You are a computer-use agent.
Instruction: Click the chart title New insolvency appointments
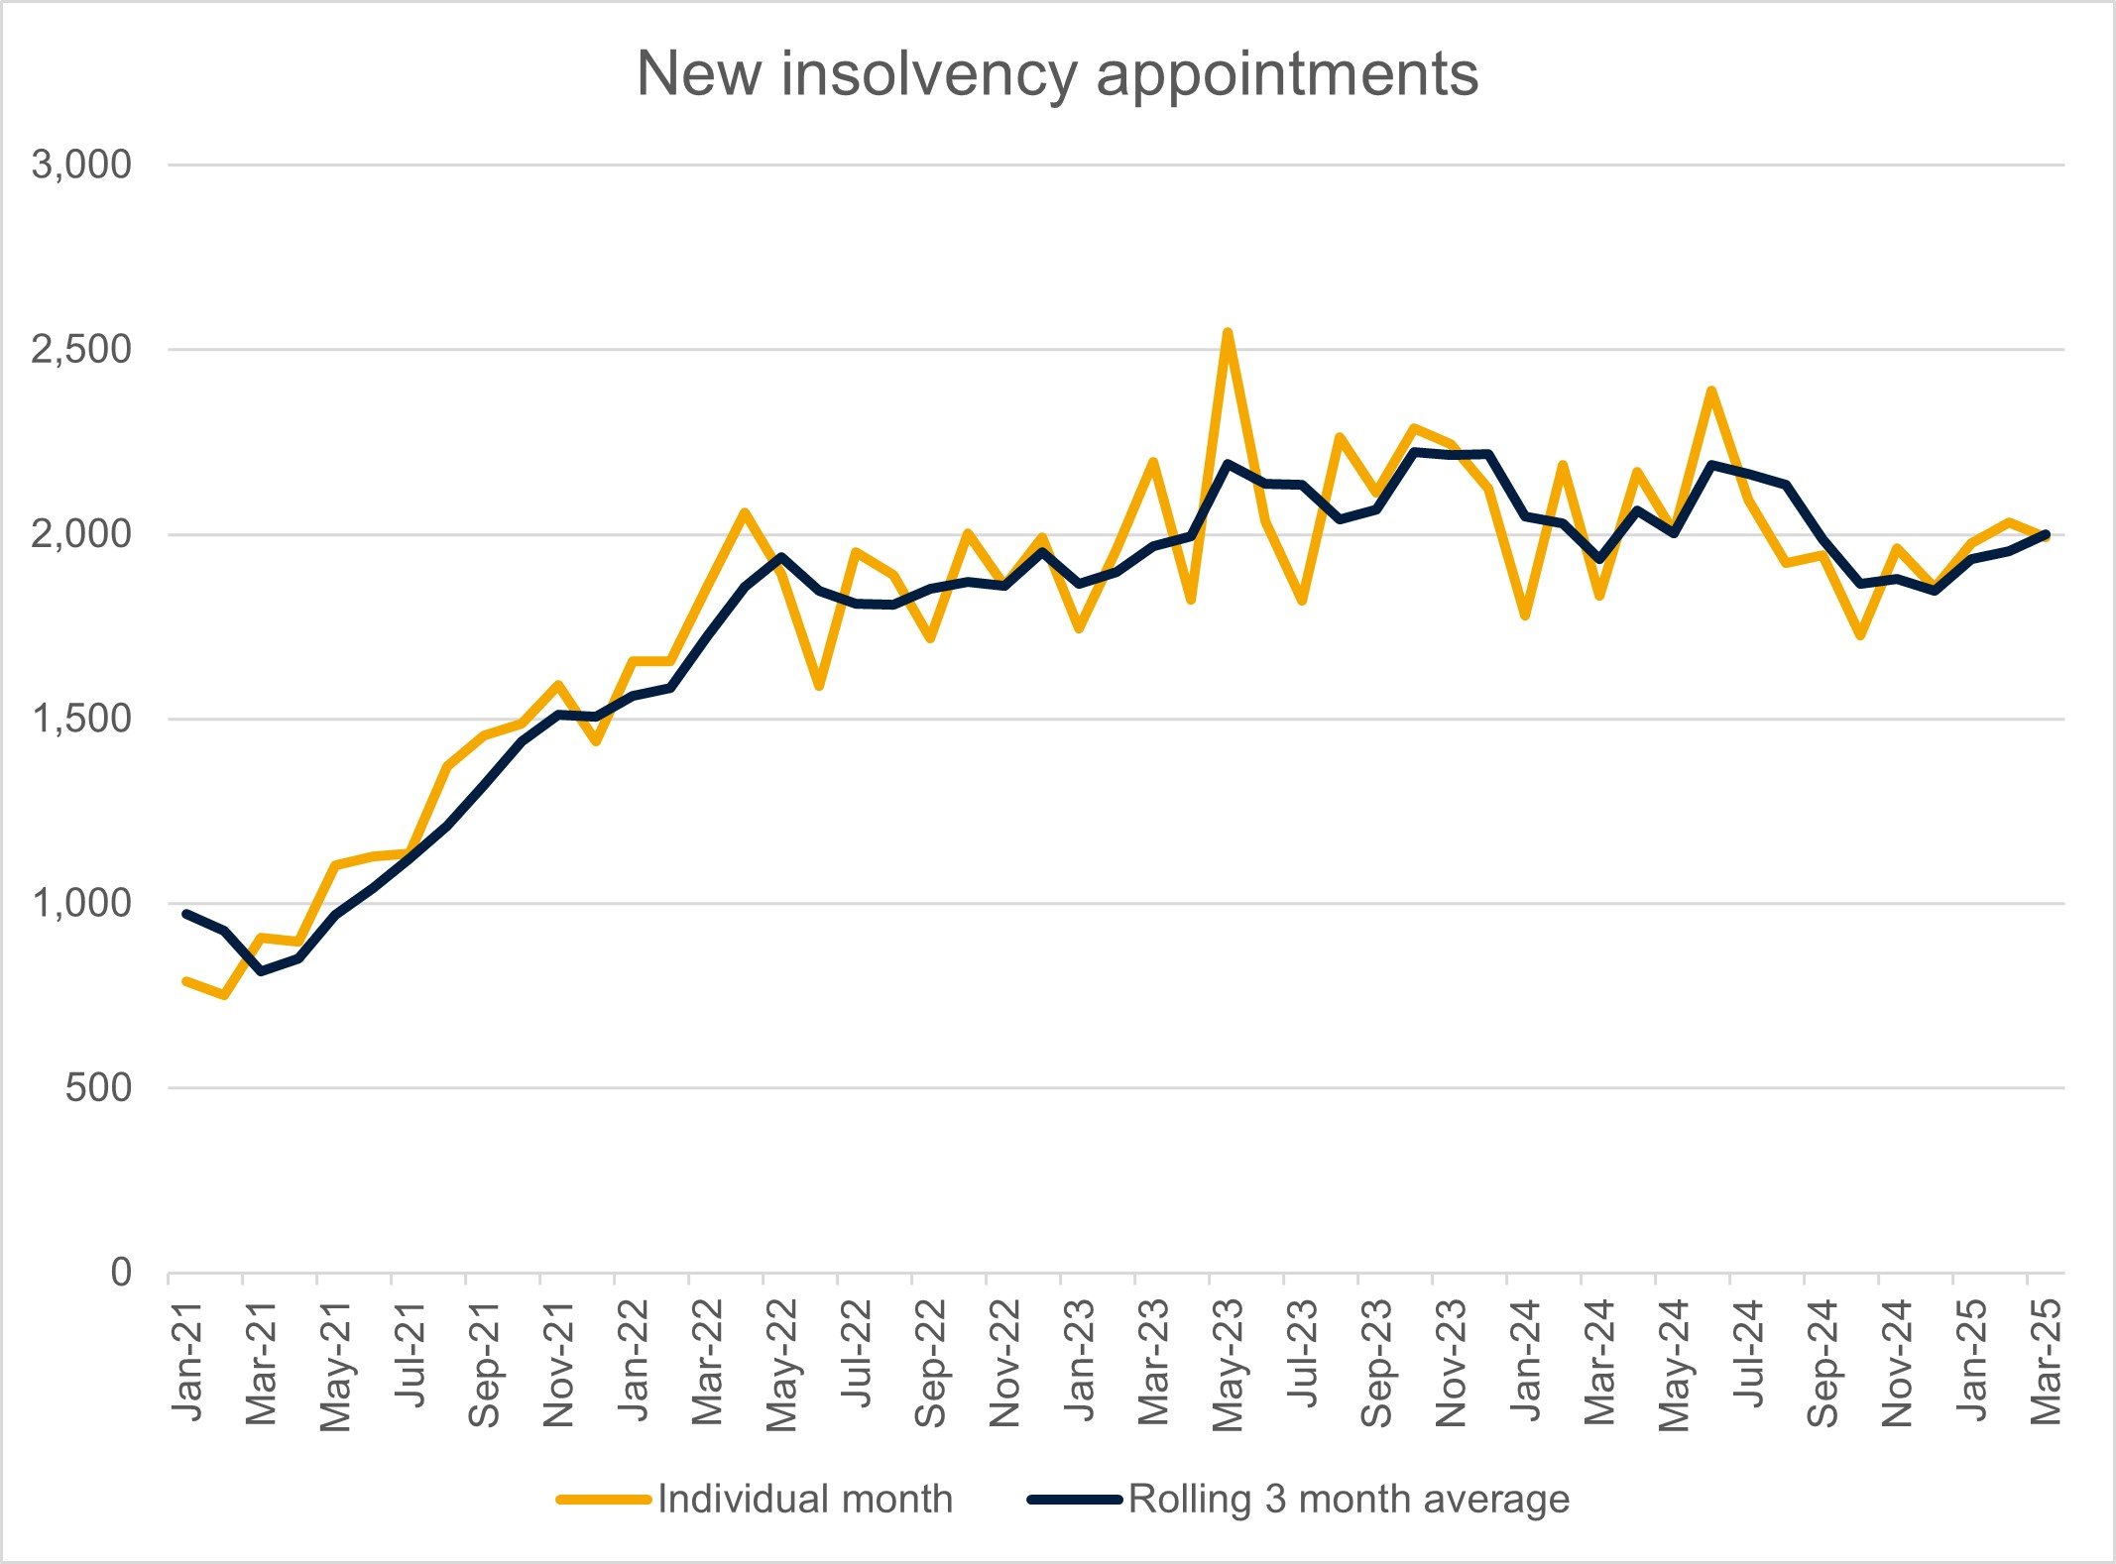point(1057,73)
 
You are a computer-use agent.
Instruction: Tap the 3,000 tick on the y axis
point(81,165)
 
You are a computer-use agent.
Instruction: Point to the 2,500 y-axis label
point(81,349)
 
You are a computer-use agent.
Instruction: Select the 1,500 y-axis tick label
point(81,719)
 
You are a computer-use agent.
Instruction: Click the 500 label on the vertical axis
point(98,1088)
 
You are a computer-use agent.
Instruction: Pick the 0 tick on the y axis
point(120,1272)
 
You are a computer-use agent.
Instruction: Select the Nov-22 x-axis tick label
point(1004,1364)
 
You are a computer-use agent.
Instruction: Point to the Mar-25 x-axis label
point(2046,1362)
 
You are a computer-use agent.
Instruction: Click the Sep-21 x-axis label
point(484,1364)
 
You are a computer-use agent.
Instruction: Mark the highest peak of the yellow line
point(1228,332)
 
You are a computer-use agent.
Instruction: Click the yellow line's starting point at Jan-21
point(186,980)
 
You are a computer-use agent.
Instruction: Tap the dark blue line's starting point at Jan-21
point(186,913)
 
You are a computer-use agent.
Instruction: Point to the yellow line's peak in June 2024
point(1710,391)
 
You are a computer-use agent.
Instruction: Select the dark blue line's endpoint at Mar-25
point(2046,534)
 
